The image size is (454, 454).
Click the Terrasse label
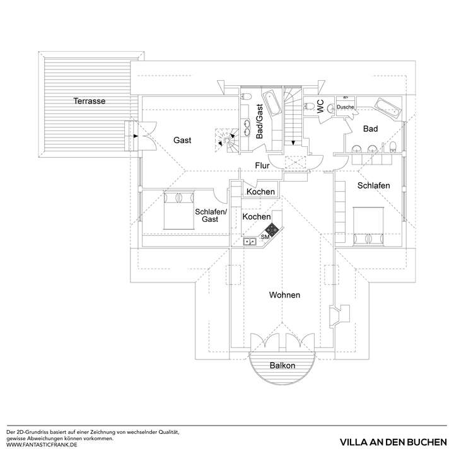89,101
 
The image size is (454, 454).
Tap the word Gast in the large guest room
182,140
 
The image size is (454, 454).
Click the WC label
320,107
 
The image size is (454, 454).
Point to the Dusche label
345,107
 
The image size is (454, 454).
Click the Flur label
262,166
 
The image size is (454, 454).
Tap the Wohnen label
284,295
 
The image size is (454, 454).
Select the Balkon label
282,365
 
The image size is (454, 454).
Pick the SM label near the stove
265,238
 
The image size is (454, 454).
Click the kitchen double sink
250,240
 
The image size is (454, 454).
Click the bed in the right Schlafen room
370,225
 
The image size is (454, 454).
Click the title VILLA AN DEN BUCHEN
392,441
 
